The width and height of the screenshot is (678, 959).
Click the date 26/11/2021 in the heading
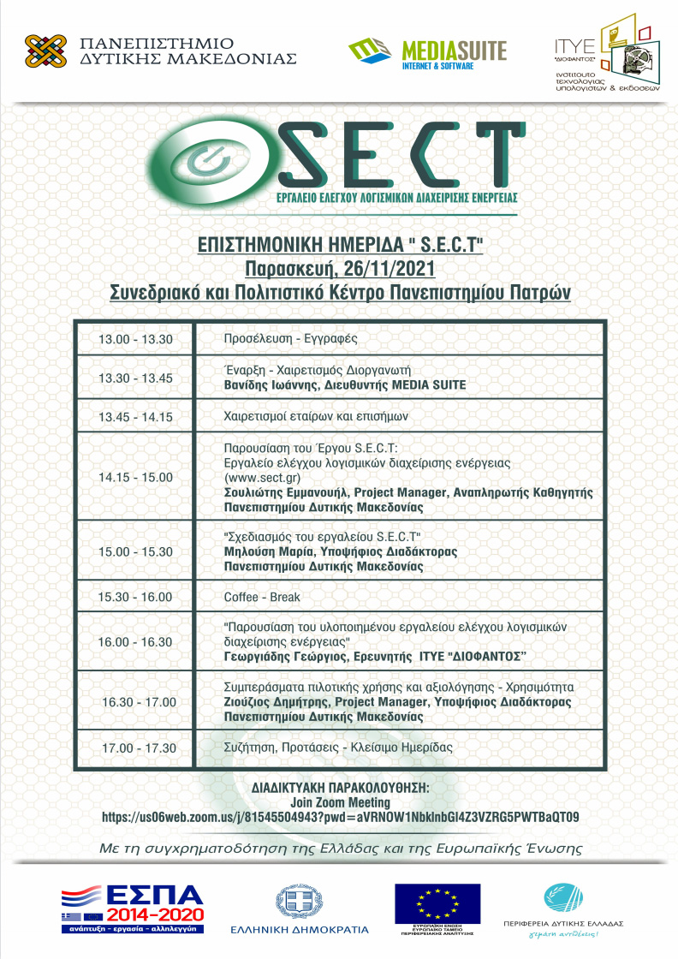point(384,268)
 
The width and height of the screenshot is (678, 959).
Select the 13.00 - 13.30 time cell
point(136,339)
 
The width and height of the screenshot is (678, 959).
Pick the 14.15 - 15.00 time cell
point(136,477)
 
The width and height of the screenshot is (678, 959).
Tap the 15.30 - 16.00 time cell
point(136,597)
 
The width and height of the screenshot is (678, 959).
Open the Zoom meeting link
point(340,817)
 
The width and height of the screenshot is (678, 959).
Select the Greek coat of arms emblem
point(300,902)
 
